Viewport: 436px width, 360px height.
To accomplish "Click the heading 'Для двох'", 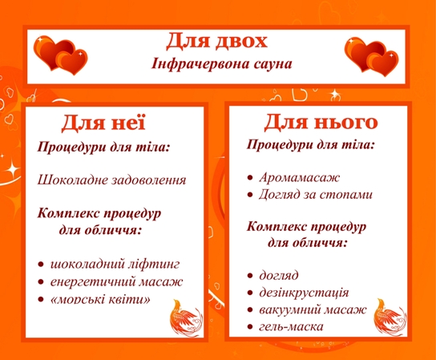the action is (216, 41).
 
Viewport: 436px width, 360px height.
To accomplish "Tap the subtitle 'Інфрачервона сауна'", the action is (222, 63).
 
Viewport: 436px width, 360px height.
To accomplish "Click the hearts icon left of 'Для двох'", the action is (60, 55).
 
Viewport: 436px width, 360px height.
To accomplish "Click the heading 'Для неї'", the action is (103, 122).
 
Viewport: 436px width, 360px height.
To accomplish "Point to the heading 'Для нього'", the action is (321, 122).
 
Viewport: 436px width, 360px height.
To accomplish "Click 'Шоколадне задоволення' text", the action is (111, 180).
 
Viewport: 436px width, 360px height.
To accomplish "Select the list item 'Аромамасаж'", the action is (300, 177).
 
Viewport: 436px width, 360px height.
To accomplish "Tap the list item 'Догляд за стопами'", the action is (316, 195).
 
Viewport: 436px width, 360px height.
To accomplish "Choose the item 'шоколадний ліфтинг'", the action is (115, 264).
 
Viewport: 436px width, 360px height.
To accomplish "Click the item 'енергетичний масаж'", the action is (116, 281).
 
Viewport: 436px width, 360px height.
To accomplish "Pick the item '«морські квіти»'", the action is (100, 299).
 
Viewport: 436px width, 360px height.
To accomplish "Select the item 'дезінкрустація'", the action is (304, 293).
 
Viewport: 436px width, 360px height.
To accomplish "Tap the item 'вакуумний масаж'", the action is (313, 309).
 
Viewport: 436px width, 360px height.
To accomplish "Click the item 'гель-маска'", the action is (292, 326).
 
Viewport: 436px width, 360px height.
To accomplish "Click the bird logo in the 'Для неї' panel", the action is (186, 318).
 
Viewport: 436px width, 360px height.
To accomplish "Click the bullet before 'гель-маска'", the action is (250, 327).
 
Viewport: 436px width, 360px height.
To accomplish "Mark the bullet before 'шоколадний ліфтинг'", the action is (41, 265).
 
